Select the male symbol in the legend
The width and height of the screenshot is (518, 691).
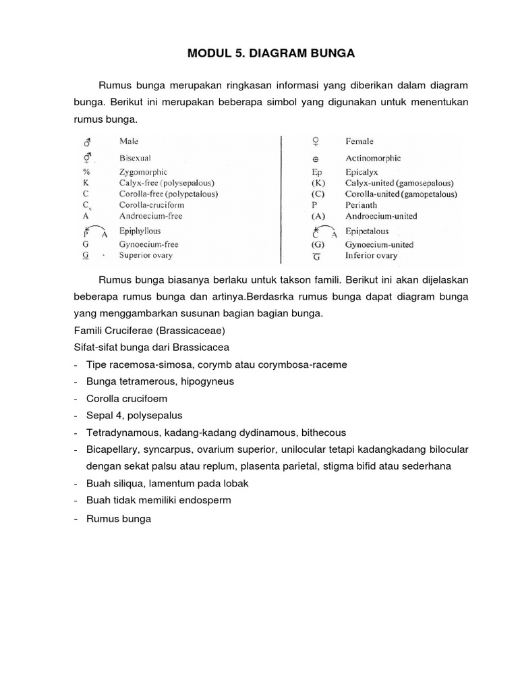[87, 142]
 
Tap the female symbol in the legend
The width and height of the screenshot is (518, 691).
[315, 142]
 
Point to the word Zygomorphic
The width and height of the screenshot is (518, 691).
[144, 172]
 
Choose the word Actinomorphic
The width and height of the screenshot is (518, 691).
[373, 158]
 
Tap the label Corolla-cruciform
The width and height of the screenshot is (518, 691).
[151, 204]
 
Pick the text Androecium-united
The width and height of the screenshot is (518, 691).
[381, 216]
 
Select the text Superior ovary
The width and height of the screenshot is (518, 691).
[146, 255]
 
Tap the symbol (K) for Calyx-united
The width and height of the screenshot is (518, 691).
[318, 183]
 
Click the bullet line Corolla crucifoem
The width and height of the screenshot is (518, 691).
[126, 399]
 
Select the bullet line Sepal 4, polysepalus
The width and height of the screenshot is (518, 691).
[134, 416]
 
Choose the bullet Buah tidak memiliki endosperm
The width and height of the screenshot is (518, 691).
[159, 501]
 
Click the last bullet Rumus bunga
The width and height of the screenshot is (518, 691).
[119, 519]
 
